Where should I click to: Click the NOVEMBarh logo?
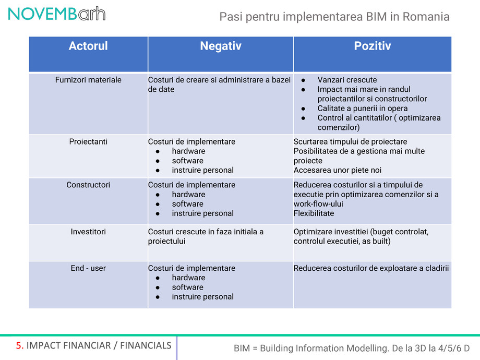pyautogui.click(x=56, y=14)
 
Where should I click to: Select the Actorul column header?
pyautogui.click(x=88, y=46)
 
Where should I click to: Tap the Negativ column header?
pyautogui.click(x=221, y=46)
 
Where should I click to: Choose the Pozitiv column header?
pyautogui.click(x=373, y=46)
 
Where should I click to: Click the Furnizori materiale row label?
pyautogui.click(x=88, y=80)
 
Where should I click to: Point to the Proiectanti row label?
pyautogui.click(x=88, y=141)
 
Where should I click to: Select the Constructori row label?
pyautogui.click(x=88, y=185)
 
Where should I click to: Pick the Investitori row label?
pyautogui.click(x=88, y=231)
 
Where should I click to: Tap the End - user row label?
pyautogui.click(x=88, y=268)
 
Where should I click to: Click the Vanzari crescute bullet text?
pyautogui.click(x=347, y=80)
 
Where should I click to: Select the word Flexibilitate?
pyautogui.click(x=314, y=213)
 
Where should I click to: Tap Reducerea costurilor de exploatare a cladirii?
pyautogui.click(x=371, y=268)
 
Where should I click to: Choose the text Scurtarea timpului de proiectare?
pyautogui.click(x=350, y=141)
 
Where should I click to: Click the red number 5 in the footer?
pyautogui.click(x=19, y=345)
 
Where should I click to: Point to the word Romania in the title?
pyautogui.click(x=426, y=17)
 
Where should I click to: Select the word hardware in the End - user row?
pyautogui.click(x=188, y=278)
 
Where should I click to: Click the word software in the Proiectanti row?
pyautogui.click(x=187, y=161)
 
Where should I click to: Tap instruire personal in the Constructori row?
pyautogui.click(x=202, y=213)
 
